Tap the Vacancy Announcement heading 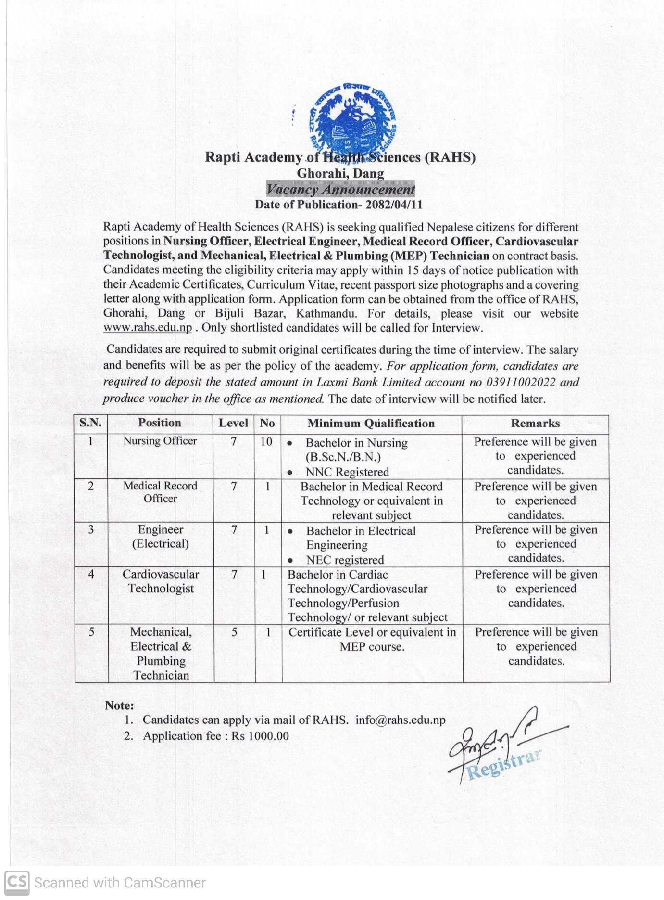click(340, 189)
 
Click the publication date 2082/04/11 click(394, 205)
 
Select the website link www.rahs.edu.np click(148, 328)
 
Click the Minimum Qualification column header click(371, 424)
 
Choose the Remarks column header click(535, 424)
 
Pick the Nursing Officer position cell click(160, 441)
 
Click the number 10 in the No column click(266, 441)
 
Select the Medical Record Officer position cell click(160, 492)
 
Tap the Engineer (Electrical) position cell click(161, 537)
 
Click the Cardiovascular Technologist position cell click(161, 581)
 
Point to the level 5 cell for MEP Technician click(234, 632)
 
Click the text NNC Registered click(347, 472)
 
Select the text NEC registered click(345, 560)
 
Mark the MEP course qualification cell click(372, 639)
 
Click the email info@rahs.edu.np click(401, 720)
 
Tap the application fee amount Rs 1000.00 click(260, 736)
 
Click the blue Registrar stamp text click(504, 764)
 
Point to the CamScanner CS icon click(17, 883)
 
